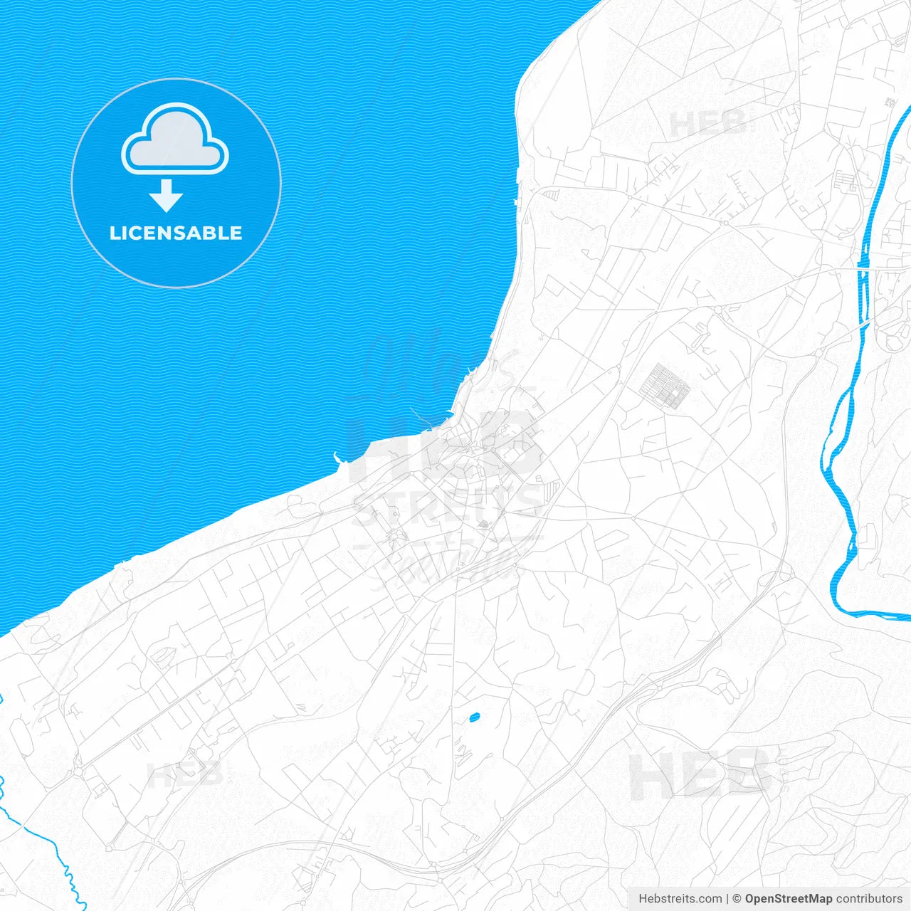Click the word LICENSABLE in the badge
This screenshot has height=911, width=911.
coord(176,233)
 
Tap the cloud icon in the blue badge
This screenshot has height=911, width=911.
coord(175,139)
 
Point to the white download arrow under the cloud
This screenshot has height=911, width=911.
coord(167,196)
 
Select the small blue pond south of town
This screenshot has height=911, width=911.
coord(473,717)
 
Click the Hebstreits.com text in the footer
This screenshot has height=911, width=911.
coord(680,899)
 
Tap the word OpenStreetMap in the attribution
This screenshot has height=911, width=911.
coord(789,899)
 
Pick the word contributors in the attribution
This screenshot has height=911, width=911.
coord(869,899)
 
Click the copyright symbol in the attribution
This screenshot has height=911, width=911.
coord(737,899)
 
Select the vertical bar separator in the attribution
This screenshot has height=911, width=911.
coord(727,899)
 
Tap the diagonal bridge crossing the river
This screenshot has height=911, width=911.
coord(864,324)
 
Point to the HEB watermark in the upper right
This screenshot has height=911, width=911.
coord(708,122)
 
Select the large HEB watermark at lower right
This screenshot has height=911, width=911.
coord(701,774)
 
